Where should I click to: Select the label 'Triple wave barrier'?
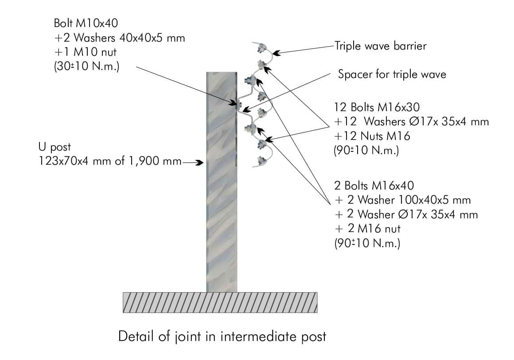click(381, 46)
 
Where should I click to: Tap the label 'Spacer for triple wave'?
click(392, 74)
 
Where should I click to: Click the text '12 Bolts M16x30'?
click(377, 107)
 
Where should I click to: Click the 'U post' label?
click(55, 147)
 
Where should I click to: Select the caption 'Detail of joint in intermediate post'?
click(222, 337)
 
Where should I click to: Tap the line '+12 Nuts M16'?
click(372, 136)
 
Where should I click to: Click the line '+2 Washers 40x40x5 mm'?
click(119, 38)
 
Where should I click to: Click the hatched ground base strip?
click(220, 302)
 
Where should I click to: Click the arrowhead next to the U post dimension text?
click(199, 163)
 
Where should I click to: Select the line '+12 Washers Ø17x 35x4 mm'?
click(411, 121)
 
